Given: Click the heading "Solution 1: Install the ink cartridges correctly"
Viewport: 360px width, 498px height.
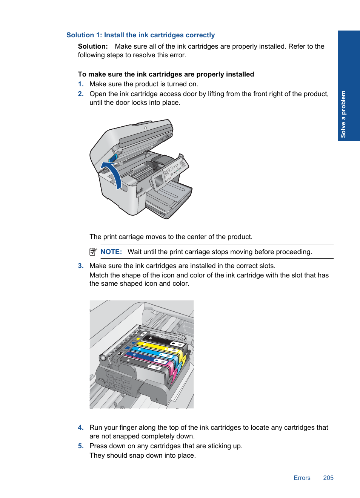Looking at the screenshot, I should (x=140, y=35).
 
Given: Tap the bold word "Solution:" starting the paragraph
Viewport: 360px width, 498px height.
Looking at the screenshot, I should (x=93, y=46).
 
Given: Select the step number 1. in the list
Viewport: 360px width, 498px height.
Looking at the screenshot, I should (x=81, y=84).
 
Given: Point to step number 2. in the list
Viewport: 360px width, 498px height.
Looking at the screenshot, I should (x=81, y=94).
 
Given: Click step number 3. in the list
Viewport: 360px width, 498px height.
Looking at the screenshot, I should (x=81, y=266).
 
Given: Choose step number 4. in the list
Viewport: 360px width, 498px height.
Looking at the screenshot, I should (x=81, y=428).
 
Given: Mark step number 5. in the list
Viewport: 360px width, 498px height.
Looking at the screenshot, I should (x=81, y=446).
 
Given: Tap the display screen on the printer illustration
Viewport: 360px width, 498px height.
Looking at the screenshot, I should (x=159, y=181).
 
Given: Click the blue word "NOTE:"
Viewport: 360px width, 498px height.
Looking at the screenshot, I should (x=111, y=252).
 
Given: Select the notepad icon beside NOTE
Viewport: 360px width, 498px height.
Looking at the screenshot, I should (x=93, y=251).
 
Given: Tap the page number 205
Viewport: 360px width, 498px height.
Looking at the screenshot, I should (x=328, y=478).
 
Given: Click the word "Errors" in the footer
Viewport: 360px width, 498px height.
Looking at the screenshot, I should (x=302, y=478).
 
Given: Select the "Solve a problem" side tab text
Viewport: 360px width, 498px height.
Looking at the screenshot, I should (x=343, y=114).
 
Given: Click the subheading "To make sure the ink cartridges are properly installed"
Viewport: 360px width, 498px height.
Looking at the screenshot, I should (x=166, y=74).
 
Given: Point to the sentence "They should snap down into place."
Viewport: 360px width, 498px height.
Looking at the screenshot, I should (x=143, y=455).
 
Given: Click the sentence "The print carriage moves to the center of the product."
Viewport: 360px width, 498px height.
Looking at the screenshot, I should (x=171, y=237).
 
